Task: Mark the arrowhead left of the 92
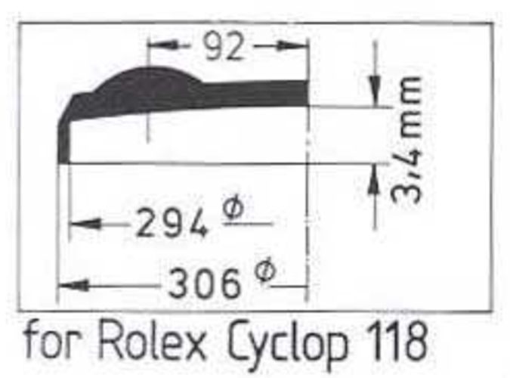[x=158, y=47]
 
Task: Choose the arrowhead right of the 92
[x=297, y=47]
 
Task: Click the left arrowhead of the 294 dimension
[x=79, y=225]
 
